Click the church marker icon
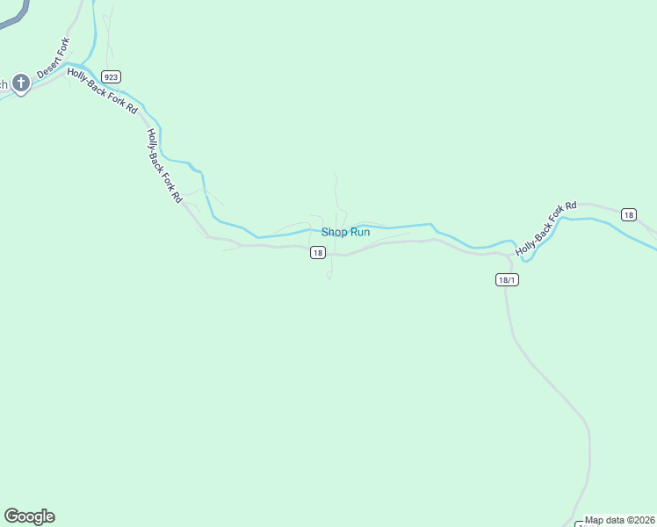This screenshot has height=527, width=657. click(x=21, y=84)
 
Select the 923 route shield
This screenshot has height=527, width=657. click(x=110, y=76)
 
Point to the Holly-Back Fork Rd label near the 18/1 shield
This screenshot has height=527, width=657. click(x=545, y=229)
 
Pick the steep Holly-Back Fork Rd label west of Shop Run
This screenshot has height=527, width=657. click(x=164, y=166)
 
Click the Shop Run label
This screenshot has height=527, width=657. click(x=345, y=232)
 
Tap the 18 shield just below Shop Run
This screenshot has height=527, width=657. click(x=317, y=253)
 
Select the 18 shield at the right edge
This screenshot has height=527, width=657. click(x=627, y=214)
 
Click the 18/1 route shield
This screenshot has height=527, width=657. click(x=505, y=280)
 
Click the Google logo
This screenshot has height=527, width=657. click(x=29, y=516)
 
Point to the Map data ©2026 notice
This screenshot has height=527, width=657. click(x=619, y=520)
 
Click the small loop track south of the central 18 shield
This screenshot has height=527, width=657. click(x=329, y=275)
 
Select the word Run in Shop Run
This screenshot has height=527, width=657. click(x=359, y=232)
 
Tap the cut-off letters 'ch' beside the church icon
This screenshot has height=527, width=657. click(x=4, y=84)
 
